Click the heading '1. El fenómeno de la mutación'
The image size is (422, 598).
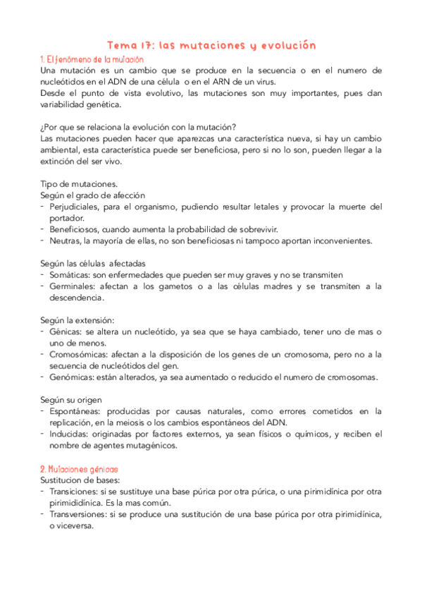pos(85,59)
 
